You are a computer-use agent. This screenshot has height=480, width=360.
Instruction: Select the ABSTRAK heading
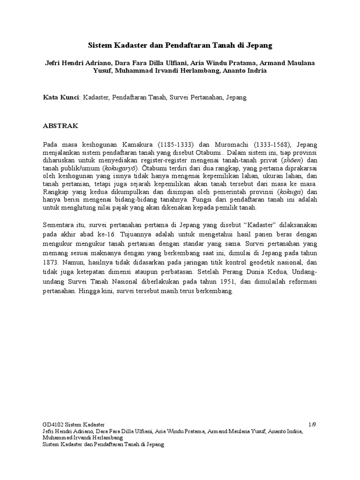click(61, 127)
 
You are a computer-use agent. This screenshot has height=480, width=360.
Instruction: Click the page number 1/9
click(313, 424)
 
